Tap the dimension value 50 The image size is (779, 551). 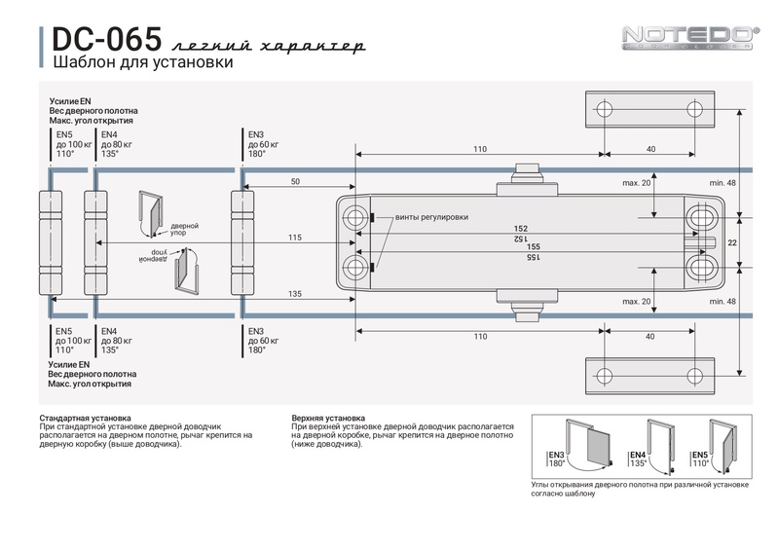tap(295, 182)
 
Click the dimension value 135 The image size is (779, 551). tap(295, 294)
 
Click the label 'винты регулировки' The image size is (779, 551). tap(431, 217)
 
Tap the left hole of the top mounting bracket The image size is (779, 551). tap(604, 108)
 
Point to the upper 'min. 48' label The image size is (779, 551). tap(723, 183)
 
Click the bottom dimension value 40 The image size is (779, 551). tap(649, 336)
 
